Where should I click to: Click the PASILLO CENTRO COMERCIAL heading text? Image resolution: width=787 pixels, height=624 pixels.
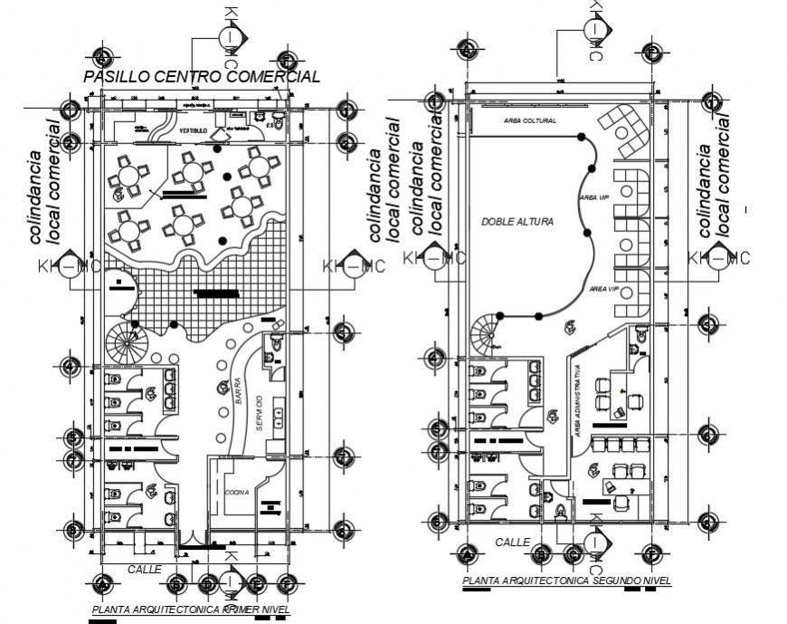coord(201,77)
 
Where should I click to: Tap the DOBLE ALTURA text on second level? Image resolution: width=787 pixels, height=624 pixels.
coord(517,220)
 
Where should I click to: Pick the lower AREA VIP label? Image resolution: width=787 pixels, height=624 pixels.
coord(603,288)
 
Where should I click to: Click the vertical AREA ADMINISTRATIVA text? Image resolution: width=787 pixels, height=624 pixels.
coord(577,398)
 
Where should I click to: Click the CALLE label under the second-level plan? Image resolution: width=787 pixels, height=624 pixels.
coord(513,542)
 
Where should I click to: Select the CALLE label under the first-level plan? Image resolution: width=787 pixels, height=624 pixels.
coord(143,569)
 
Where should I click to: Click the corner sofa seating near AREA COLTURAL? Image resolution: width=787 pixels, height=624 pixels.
coord(625,128)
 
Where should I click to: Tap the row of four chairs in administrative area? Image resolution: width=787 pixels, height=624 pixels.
coord(618,443)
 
